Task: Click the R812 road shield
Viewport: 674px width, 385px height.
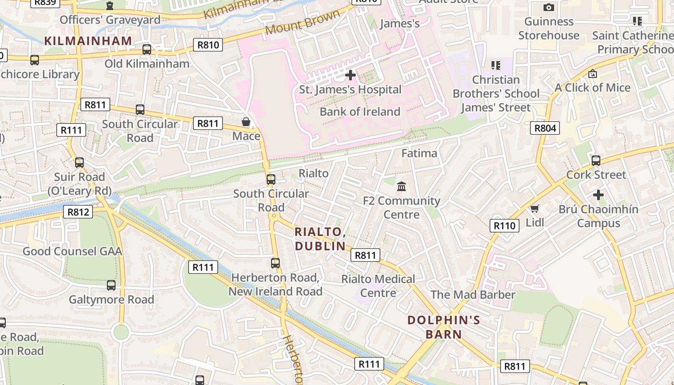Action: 78,212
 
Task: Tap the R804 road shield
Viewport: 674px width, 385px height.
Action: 545,128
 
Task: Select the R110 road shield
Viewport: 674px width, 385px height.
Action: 505,226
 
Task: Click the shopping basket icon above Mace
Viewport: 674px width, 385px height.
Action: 246,122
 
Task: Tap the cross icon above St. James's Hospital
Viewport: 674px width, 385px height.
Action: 350,75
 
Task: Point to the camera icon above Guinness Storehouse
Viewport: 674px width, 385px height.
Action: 548,7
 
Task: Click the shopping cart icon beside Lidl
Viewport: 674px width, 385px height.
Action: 534,208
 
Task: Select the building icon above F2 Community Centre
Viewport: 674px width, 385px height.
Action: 402,186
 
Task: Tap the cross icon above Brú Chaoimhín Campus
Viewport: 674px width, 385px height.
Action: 598,195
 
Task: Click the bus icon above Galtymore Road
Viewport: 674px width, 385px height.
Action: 111,285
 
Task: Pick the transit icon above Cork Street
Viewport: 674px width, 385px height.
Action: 596,160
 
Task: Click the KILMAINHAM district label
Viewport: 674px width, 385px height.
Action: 88,41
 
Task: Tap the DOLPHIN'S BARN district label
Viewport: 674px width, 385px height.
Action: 443,327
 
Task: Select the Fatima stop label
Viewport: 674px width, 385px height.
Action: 419,154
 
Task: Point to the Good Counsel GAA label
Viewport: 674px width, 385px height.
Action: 72,251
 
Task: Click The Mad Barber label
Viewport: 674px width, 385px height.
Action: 473,295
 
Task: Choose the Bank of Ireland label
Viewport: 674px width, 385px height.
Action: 360,112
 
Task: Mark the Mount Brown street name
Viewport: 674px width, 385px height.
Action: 302,22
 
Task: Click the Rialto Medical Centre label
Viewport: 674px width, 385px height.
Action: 378,286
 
